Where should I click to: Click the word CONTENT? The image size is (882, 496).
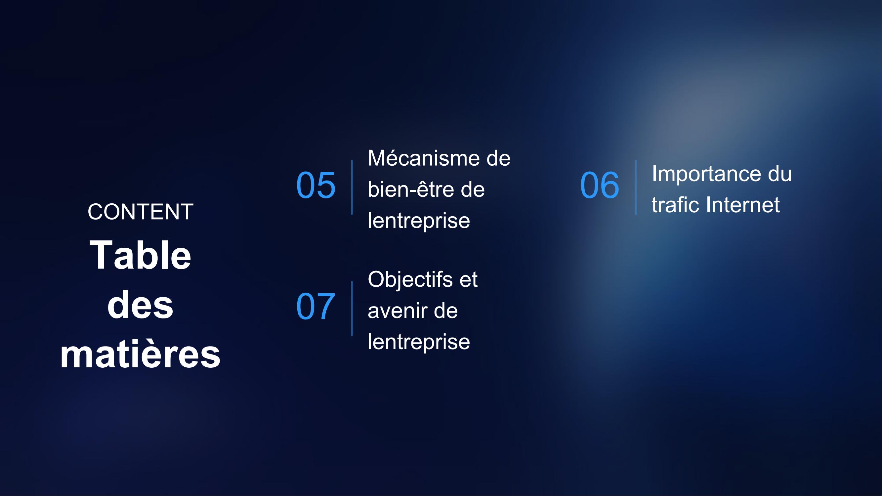[x=140, y=212]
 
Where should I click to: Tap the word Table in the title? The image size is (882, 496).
[x=140, y=255]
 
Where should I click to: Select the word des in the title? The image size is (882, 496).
[x=140, y=305]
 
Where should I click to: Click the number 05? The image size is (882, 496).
[x=316, y=185]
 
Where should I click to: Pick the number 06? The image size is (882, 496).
[x=600, y=185]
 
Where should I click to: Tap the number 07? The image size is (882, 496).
[x=315, y=307]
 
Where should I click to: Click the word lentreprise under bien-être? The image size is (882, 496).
[x=419, y=221]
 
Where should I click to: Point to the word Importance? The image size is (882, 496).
[x=704, y=174]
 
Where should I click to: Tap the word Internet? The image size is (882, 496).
[x=743, y=205]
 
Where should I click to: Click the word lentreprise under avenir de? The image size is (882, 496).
[x=419, y=342]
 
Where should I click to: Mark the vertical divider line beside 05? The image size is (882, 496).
[x=352, y=187]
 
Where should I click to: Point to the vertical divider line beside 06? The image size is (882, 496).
[x=636, y=187]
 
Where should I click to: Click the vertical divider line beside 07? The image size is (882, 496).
[x=352, y=309]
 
